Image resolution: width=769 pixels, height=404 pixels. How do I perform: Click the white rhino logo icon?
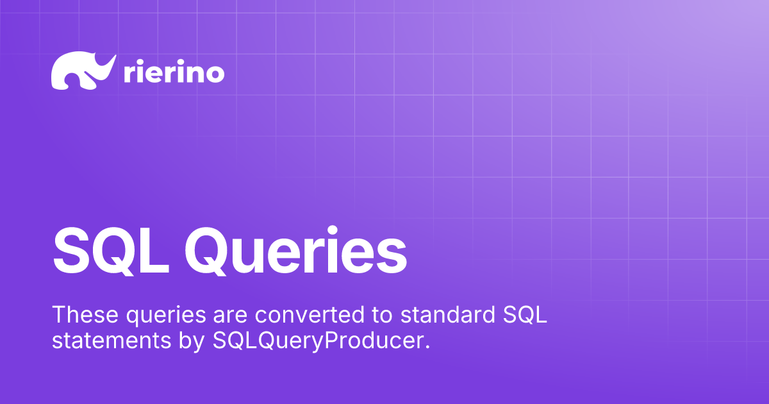(x=82, y=71)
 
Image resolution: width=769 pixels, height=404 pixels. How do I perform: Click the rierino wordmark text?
(x=172, y=73)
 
